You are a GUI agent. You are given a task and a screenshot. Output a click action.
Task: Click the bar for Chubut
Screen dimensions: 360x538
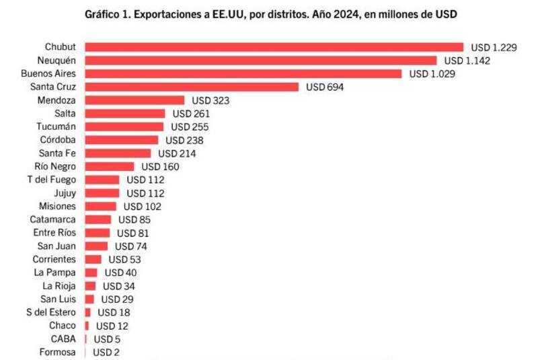[274, 47]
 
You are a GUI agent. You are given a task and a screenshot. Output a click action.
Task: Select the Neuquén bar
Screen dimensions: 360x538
[260, 61]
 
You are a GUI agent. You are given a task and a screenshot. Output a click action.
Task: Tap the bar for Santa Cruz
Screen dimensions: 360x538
[192, 87]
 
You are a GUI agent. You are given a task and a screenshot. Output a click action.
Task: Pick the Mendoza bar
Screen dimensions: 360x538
[134, 100]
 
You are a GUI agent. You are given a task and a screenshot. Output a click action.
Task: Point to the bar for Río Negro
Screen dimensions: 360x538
[110, 166]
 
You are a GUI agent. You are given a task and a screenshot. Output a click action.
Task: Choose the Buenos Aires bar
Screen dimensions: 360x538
[243, 74]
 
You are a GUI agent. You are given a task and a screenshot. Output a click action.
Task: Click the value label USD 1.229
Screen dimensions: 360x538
[494, 47]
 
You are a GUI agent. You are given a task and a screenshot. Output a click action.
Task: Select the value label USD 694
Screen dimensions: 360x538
[325, 87]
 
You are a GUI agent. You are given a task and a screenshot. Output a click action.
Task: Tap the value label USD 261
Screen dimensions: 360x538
[192, 114]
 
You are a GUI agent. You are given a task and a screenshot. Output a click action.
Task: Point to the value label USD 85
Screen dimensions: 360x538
[134, 219]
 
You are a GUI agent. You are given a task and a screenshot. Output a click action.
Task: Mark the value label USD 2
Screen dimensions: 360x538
[106, 352]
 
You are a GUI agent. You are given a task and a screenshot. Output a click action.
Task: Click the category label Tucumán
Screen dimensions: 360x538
[56, 127]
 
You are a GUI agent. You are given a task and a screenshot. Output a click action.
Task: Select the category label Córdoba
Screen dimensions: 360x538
[56, 140]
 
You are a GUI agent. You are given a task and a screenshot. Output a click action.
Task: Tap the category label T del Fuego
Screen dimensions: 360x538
[52, 180]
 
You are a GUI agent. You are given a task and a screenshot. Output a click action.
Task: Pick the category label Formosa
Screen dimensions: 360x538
[57, 352]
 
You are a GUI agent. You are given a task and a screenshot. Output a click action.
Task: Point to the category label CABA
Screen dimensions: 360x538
[63, 338]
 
